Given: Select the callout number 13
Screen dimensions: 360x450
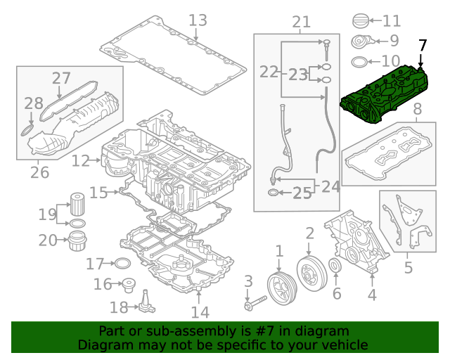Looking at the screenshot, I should [198, 20].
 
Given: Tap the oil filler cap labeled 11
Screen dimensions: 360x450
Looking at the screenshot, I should [359, 21].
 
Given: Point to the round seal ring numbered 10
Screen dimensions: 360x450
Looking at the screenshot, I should [358, 60].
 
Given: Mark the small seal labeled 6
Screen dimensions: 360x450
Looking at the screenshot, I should [336, 266].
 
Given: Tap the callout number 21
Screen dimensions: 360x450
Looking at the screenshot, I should [301, 22].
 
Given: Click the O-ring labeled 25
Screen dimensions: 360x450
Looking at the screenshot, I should [273, 191].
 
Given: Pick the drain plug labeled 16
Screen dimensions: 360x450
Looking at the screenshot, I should [128, 285].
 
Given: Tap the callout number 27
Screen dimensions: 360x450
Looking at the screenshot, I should [62, 79].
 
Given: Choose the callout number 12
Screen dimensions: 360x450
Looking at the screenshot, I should [80, 161].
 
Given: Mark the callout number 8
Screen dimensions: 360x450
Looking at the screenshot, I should [417, 109].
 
